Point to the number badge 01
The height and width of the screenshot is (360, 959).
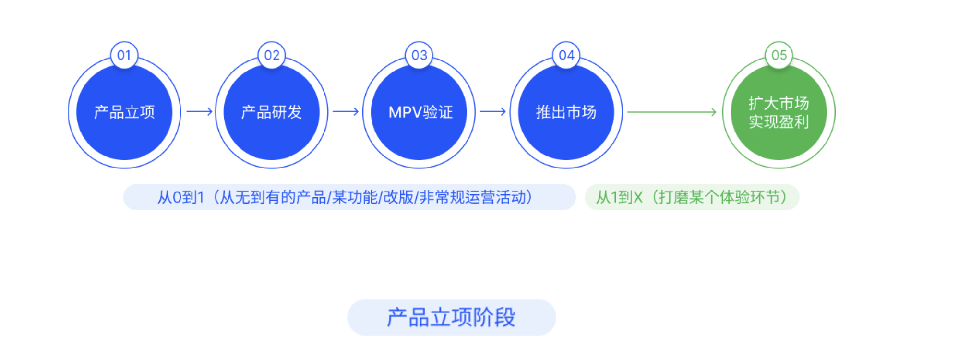pyautogui.click(x=124, y=55)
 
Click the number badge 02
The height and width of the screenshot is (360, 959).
pyautogui.click(x=272, y=55)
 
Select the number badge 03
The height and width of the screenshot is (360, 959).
pyautogui.click(x=419, y=55)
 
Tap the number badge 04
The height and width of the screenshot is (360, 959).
pyautogui.click(x=566, y=55)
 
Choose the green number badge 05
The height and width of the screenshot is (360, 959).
pyautogui.click(x=779, y=55)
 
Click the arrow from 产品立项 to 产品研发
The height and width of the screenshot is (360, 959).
pyautogui.click(x=199, y=112)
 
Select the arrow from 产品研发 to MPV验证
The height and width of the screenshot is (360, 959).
pyautogui.click(x=346, y=112)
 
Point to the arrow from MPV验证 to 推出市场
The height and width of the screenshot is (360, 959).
pyautogui.click(x=493, y=112)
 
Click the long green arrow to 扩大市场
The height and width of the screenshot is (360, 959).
pyautogui.click(x=671, y=112)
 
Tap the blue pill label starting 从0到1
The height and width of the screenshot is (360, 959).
pyautogui.click(x=349, y=197)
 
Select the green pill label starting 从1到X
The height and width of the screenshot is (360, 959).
pyautogui.click(x=692, y=197)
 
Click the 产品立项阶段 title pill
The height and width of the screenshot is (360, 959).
pyautogui.click(x=451, y=317)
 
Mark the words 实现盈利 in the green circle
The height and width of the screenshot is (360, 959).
pyautogui.click(x=779, y=122)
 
